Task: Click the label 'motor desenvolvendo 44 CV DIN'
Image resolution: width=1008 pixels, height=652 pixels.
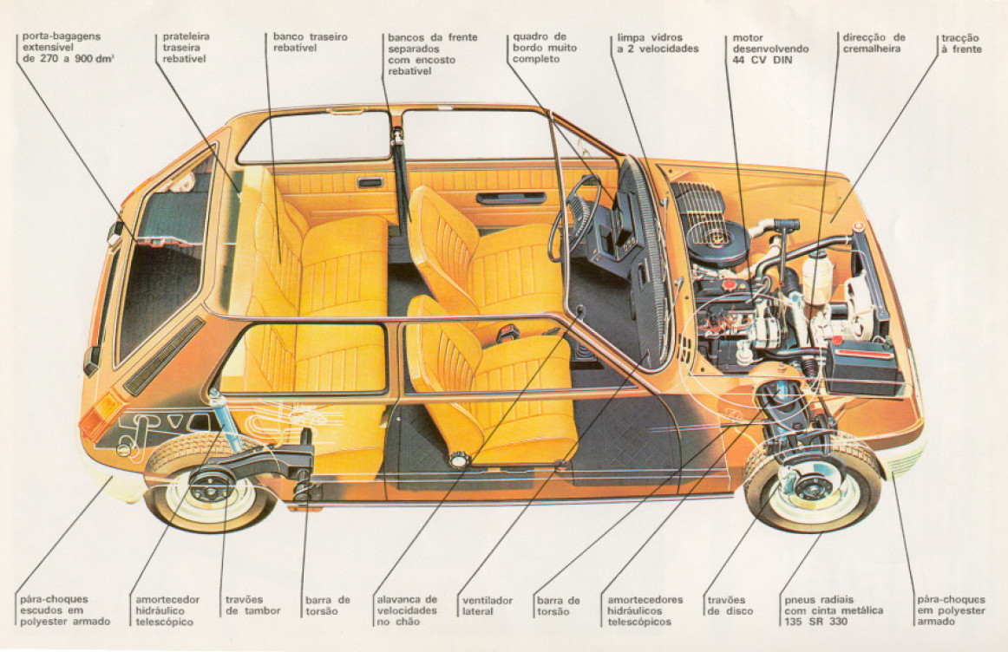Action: tap(769, 49)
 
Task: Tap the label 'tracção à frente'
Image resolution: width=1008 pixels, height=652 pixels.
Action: tap(961, 43)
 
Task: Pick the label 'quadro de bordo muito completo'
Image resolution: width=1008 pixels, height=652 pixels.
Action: tap(544, 49)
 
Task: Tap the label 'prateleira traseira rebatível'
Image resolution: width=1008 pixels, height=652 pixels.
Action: tap(186, 49)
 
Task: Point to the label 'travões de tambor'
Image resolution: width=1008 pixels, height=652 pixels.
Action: tap(252, 605)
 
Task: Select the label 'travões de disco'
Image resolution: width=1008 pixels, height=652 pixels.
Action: tap(730, 605)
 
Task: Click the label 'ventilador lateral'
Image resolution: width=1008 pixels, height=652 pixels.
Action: tap(488, 605)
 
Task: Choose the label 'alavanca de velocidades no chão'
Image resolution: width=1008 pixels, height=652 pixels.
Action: tap(406, 610)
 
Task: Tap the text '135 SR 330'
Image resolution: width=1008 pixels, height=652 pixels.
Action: tap(814, 622)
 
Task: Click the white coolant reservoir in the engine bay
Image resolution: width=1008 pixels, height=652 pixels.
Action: tap(816, 277)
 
